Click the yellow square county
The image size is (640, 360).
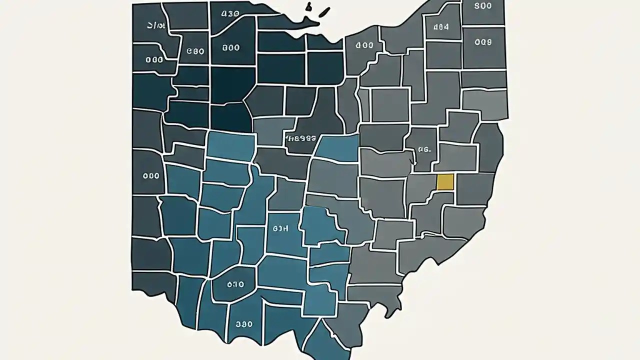point(445,182)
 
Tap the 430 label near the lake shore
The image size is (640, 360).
point(230,13)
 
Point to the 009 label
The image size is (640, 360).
point(482,42)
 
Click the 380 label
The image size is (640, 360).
point(244,324)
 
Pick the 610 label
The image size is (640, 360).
point(235,284)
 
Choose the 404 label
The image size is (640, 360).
point(440,27)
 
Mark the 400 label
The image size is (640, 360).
point(364,45)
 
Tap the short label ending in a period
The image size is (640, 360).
point(424,148)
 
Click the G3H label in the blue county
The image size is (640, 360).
point(281,228)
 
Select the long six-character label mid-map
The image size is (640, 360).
point(300,137)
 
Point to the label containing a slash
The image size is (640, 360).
point(156,25)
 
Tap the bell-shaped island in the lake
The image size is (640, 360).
point(308,6)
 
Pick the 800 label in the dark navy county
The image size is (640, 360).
point(230,48)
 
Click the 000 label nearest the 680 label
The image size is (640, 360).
point(154,59)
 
